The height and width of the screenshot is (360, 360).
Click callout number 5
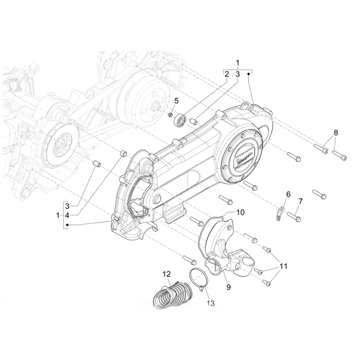[177, 100]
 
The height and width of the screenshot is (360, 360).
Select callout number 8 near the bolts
[335, 133]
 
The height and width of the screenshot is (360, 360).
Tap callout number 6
[288, 194]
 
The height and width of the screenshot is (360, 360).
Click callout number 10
[240, 211]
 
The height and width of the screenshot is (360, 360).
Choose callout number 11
[282, 266]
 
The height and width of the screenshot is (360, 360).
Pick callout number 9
[229, 286]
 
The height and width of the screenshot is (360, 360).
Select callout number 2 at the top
[227, 73]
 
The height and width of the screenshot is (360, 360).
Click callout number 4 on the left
[67, 216]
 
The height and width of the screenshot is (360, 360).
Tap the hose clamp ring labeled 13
[198, 276]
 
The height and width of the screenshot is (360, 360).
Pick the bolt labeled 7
[293, 217]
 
